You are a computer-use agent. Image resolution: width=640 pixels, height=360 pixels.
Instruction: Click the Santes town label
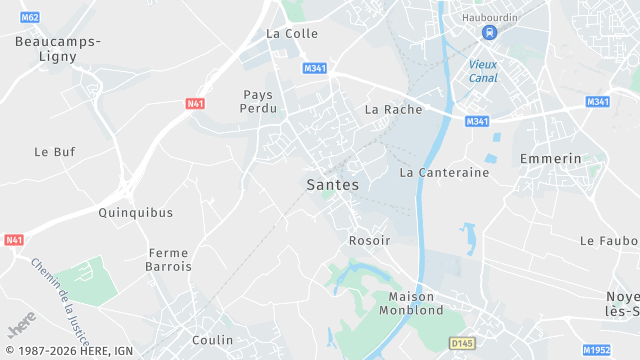[332, 185]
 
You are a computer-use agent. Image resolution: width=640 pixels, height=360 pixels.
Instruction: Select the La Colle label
[292, 33]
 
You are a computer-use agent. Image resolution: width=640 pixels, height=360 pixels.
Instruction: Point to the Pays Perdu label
[258, 101]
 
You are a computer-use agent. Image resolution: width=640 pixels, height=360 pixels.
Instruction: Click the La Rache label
[393, 109]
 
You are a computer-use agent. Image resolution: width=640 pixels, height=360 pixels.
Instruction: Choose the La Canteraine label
[444, 172]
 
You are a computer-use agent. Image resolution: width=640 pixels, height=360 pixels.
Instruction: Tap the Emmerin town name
[550, 159]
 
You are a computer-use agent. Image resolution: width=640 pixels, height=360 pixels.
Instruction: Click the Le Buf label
[54, 152]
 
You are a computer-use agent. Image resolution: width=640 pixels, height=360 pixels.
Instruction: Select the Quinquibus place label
[136, 212]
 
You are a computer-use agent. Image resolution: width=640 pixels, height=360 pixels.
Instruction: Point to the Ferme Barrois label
[169, 260]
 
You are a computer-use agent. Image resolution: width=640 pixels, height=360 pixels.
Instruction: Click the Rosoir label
[369, 240]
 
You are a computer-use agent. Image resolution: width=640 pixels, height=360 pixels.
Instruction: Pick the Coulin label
[212, 340]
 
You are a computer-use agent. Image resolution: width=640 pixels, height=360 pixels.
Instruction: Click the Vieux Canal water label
[483, 71]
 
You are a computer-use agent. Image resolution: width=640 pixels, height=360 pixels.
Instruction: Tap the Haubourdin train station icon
[489, 33]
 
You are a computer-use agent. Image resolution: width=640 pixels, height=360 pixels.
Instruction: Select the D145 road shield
[461, 343]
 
